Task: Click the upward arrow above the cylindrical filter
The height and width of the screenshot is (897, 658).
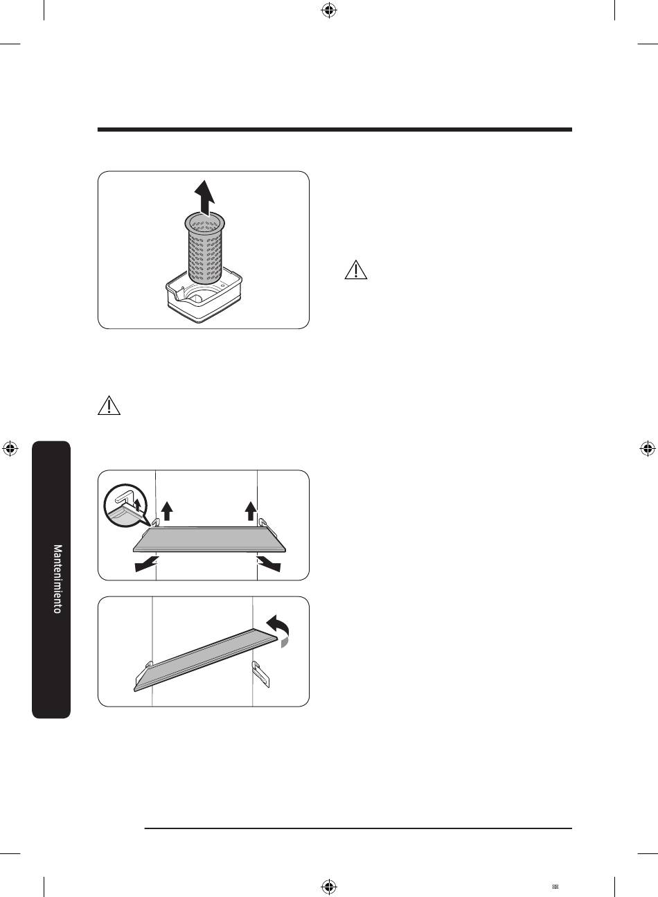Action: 204,199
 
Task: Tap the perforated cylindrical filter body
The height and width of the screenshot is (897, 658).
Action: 204,248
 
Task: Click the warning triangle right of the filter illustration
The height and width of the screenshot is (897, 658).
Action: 355,270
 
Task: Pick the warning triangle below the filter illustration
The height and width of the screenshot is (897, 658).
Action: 109,405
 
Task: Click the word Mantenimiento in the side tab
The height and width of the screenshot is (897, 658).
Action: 58,578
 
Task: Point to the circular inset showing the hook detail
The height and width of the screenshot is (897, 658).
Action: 125,506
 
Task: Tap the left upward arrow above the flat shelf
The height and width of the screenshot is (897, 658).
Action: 167,511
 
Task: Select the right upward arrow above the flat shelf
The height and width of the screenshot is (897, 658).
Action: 251,511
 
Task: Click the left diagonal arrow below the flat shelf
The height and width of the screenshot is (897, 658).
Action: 146,564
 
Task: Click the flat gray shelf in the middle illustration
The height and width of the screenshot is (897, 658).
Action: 209,540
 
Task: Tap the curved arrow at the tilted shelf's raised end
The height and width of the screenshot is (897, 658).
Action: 278,629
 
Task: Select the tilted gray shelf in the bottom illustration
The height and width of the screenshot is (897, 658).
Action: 205,660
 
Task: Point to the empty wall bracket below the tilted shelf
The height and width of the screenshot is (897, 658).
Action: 260,674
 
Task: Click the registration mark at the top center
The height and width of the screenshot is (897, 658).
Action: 329,11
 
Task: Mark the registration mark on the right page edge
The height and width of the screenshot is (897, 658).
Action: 647,449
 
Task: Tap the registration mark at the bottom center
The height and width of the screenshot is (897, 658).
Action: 329,885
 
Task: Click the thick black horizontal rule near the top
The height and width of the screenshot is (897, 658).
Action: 335,130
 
